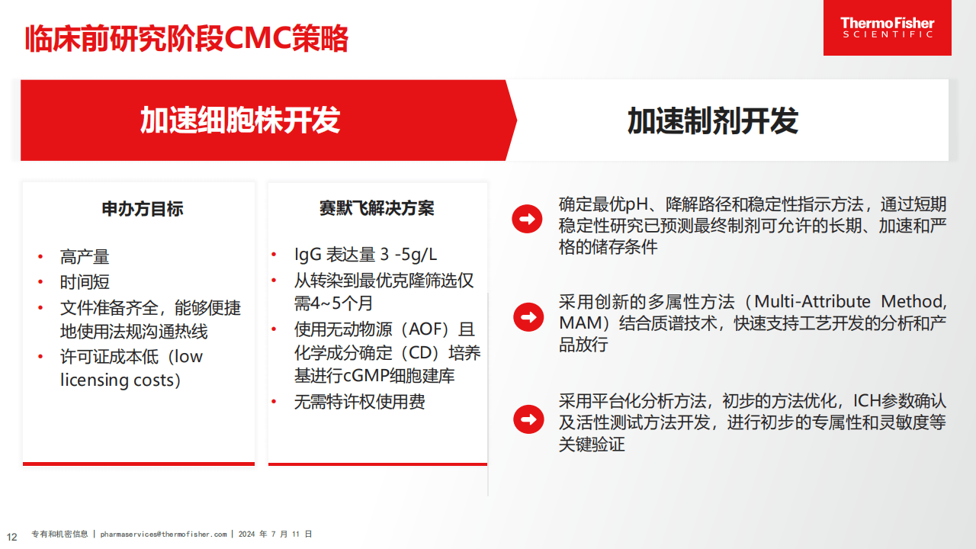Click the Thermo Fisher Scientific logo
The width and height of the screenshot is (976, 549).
pos(887,28)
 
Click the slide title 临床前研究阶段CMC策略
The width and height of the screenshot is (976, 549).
pos(187,38)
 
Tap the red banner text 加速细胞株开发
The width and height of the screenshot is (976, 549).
pos(239,120)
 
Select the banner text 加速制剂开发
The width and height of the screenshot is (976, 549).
pos(712,120)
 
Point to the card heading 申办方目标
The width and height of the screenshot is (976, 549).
pos(143,209)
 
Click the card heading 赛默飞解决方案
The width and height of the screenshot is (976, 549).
pos(377,209)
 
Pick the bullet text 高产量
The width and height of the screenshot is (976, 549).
pos(85,257)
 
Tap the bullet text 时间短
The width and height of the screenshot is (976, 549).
pos(85,282)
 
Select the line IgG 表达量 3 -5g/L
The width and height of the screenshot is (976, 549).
pos(366,255)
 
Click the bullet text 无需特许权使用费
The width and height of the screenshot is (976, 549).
pos(360,402)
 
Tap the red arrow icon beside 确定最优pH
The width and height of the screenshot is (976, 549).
pos(527,220)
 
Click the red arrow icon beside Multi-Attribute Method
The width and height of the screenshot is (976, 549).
pos(527,316)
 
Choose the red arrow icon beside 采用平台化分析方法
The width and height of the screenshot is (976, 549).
pos(527,419)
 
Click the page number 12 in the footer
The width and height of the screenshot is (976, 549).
pos(11,535)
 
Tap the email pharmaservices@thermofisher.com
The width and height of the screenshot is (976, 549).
pos(163,535)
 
